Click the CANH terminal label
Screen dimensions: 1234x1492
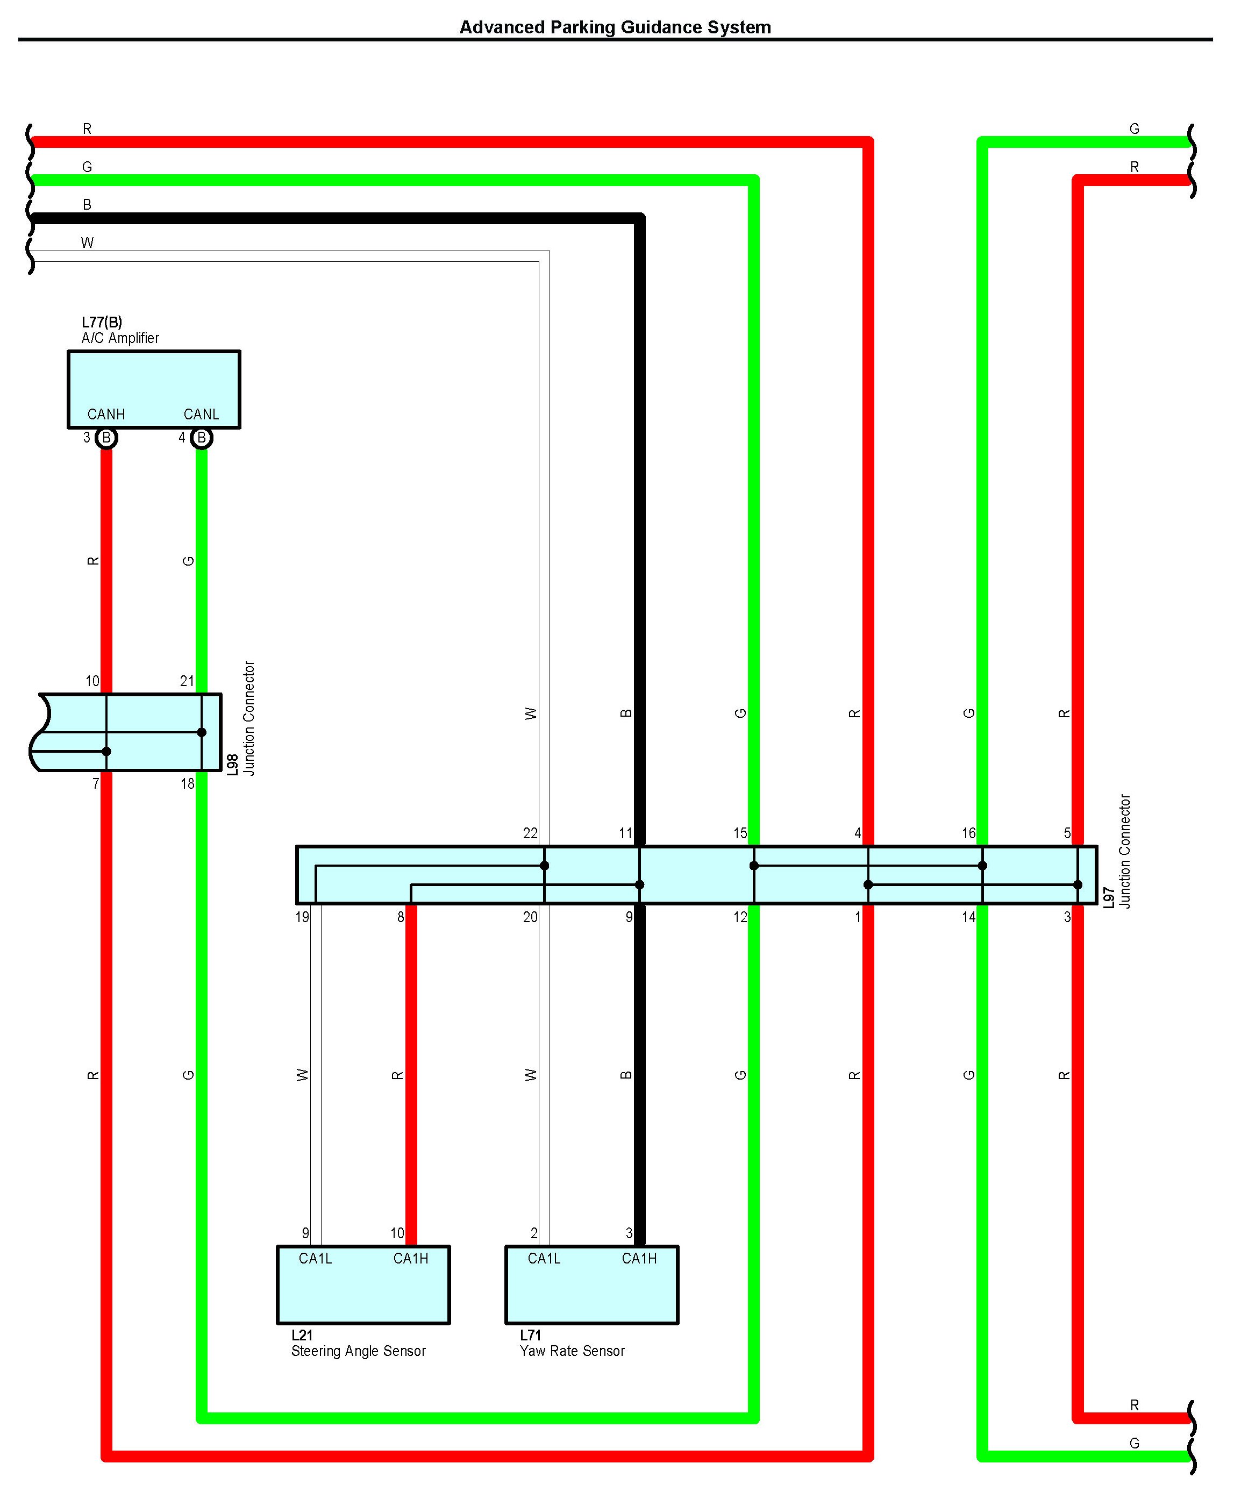[x=106, y=414]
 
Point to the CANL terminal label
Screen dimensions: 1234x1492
[x=201, y=414]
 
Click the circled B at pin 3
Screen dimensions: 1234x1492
[x=106, y=438]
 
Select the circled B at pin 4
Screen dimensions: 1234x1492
[x=202, y=438]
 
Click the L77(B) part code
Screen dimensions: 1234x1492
[x=102, y=323]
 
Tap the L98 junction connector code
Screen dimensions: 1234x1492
[x=233, y=765]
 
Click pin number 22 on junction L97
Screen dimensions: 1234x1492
[x=530, y=833]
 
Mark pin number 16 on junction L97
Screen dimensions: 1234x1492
[x=968, y=833]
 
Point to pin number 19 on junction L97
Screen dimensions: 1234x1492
[x=302, y=917]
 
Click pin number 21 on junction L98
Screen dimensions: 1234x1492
[x=187, y=681]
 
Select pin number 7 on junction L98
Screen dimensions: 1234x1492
[x=96, y=784]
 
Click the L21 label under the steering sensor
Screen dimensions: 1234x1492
[x=302, y=1335]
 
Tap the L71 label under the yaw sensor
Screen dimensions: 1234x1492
[x=531, y=1335]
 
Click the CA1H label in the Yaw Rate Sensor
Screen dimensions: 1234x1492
[x=639, y=1258]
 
